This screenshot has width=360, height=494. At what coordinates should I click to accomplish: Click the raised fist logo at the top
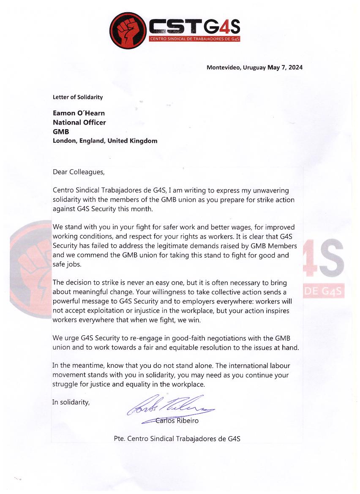tap(128, 30)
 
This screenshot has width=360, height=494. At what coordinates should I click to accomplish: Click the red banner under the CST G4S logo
tap(195, 39)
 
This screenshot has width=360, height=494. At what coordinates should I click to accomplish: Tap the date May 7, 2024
tap(285, 68)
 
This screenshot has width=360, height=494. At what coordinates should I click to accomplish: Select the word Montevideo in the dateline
tap(223, 68)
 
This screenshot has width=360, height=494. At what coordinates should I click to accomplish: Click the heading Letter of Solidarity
tap(78, 97)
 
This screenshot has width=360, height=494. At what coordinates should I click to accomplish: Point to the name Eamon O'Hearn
tap(79, 113)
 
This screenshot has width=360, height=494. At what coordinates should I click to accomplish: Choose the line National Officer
tap(79, 122)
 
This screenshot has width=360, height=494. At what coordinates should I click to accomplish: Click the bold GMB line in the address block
tap(61, 132)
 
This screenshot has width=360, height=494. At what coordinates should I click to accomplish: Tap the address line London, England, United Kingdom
tap(105, 141)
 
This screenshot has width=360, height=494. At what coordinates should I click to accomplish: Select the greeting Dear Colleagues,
tap(78, 172)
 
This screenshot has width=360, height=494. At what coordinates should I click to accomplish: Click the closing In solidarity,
tap(71, 402)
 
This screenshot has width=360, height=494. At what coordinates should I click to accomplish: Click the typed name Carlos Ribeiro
tap(177, 421)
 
